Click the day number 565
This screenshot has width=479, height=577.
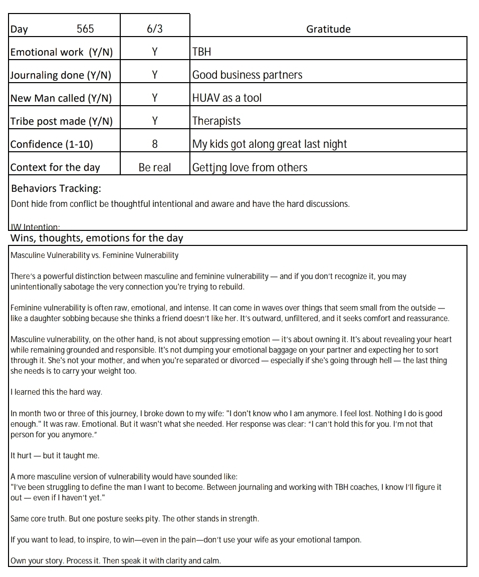click(x=85, y=29)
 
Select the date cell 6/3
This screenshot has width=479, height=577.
click(x=155, y=29)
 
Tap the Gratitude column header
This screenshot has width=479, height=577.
click(x=328, y=29)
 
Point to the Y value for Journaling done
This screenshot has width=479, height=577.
click(x=155, y=75)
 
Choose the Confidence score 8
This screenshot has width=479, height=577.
click(x=155, y=144)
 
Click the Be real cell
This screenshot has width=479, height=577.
click(x=155, y=167)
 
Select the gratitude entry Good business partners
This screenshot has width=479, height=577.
click(x=248, y=75)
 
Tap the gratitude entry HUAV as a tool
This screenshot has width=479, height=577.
click(x=227, y=98)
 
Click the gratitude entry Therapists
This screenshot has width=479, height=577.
click(x=216, y=121)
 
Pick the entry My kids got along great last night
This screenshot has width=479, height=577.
click(x=270, y=144)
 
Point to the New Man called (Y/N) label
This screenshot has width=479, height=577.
click(x=61, y=98)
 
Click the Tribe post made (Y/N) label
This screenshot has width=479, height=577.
click(x=62, y=121)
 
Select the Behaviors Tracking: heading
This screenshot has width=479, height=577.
click(x=56, y=188)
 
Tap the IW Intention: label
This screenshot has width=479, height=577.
click(x=35, y=227)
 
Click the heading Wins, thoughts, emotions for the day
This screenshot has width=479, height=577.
click(x=97, y=238)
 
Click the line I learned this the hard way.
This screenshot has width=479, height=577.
click(x=56, y=392)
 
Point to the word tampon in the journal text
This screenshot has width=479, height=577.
click(x=347, y=540)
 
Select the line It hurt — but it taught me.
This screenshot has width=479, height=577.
click(x=55, y=456)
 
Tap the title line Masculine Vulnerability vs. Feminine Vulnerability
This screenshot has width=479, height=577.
click(x=95, y=255)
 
